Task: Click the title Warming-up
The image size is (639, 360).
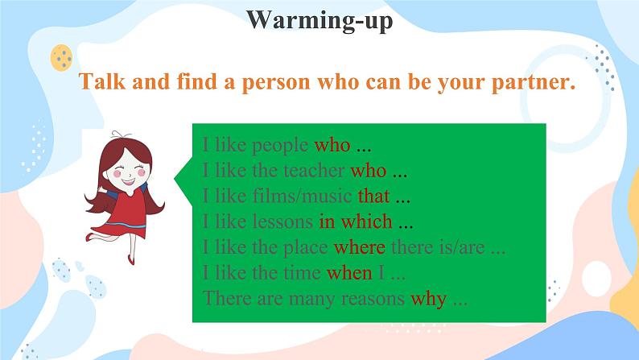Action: click(x=319, y=20)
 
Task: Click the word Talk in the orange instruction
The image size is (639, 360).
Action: click(x=102, y=81)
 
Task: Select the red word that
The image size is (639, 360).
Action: click(x=373, y=196)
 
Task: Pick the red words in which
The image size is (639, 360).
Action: click(x=356, y=221)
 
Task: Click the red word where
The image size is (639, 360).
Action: click(x=360, y=247)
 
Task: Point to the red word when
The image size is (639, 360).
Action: click(x=349, y=273)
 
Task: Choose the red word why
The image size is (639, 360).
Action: click(x=429, y=300)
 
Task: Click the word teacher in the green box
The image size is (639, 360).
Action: click(x=314, y=171)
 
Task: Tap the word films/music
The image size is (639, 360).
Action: click(x=302, y=196)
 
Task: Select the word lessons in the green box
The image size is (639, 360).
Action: click(x=282, y=221)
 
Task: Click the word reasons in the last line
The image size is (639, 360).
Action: click(x=373, y=299)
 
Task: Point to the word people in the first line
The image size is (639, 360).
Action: click(x=280, y=146)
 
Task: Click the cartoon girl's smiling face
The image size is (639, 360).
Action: click(x=129, y=172)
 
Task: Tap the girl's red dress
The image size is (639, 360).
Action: click(x=127, y=213)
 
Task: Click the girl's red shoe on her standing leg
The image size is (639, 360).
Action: click(x=131, y=259)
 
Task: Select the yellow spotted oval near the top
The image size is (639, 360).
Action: click(x=61, y=58)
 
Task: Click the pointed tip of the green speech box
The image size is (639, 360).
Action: click(x=175, y=179)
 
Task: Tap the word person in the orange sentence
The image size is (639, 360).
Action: click(x=276, y=82)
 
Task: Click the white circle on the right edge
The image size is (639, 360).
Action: click(x=596, y=279)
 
